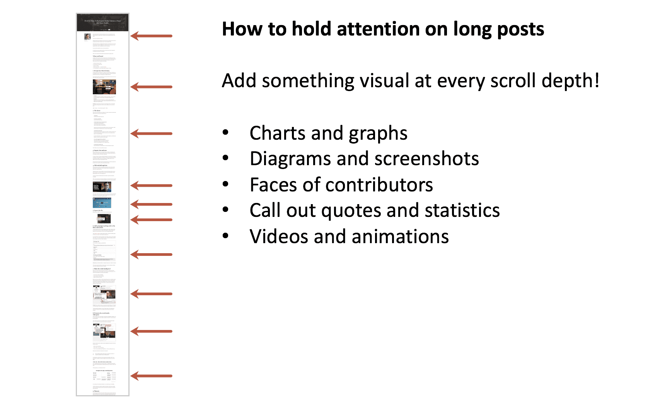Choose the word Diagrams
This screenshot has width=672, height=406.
coord(290,159)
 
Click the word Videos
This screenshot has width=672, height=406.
coord(279,237)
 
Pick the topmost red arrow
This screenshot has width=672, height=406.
coord(151,36)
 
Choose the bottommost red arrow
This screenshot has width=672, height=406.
coord(151,376)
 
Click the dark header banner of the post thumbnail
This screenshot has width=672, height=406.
coord(103,23)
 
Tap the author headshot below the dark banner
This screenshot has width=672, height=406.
coord(88,37)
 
